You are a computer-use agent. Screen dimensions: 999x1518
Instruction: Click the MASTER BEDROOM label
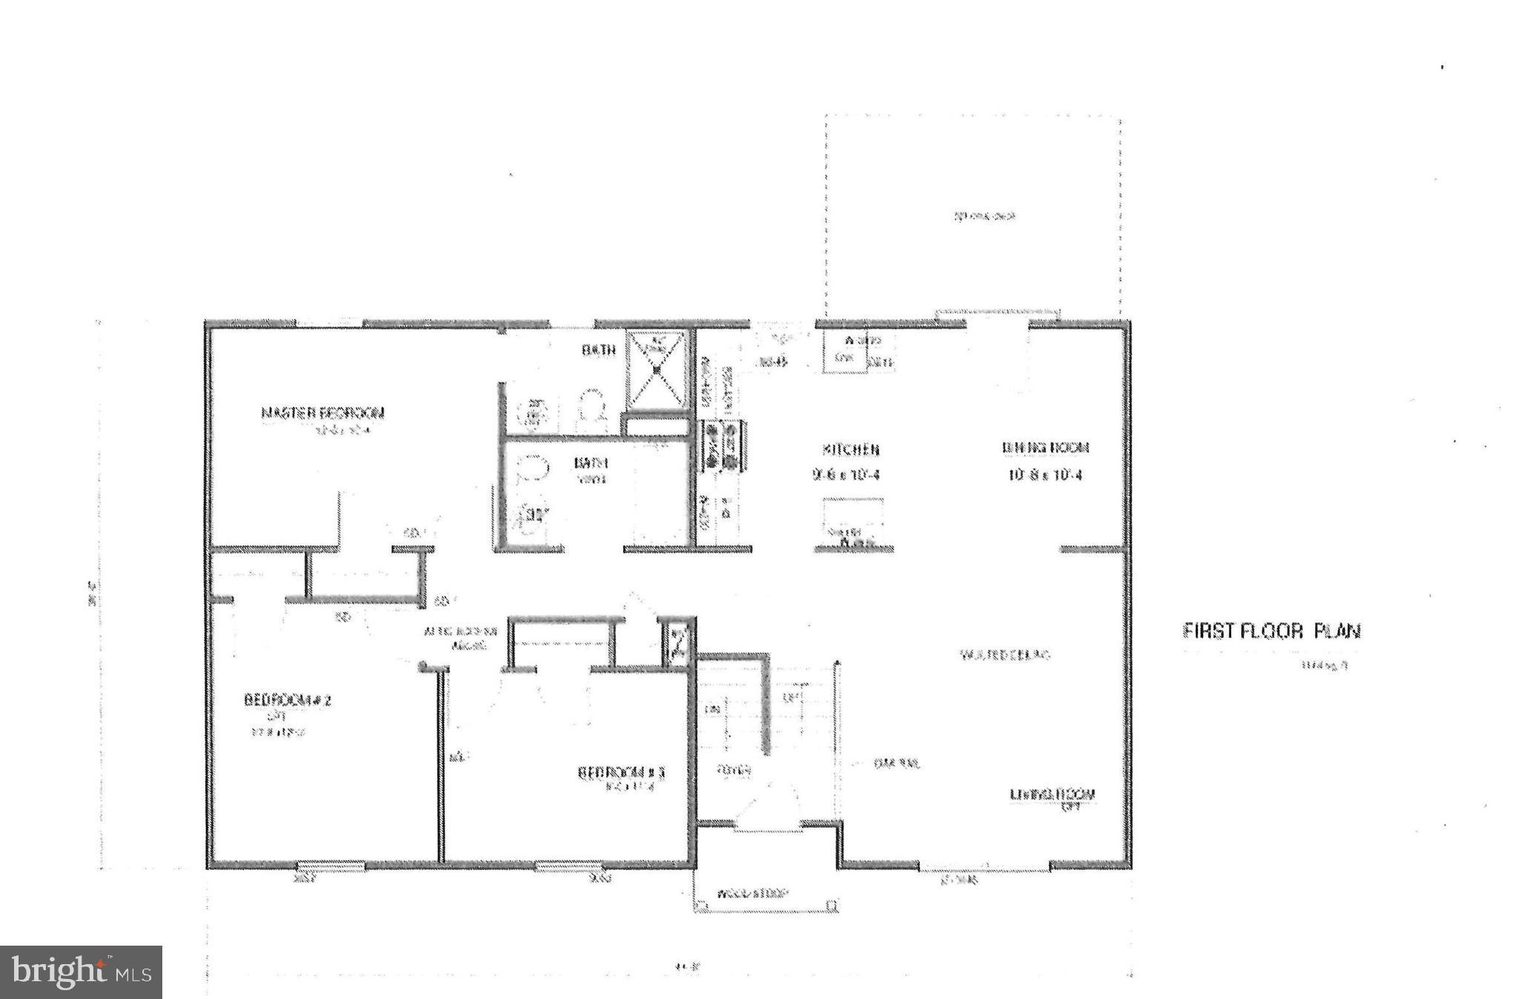[322, 413]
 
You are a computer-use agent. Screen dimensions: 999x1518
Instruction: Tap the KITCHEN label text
[850, 450]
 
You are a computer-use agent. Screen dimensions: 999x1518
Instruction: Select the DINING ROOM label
[1045, 448]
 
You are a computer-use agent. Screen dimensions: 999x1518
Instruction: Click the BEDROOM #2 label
[287, 700]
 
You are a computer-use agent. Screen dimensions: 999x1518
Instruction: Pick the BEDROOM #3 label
[621, 773]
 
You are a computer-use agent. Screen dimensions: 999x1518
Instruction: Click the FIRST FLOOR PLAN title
[1270, 631]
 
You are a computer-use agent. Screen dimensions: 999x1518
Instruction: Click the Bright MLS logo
[81, 972]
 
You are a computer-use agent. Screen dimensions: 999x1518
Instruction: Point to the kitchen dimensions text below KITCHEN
[846, 475]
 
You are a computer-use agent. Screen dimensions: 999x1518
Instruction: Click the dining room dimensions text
[1045, 475]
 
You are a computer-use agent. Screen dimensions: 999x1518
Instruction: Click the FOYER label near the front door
[734, 771]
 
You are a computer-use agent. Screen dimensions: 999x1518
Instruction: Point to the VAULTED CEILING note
[1005, 655]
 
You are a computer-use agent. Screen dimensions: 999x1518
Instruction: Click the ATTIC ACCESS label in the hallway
[460, 638]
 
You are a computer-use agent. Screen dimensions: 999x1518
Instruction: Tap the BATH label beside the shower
[598, 350]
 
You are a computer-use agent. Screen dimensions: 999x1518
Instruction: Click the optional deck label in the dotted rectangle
[983, 216]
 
